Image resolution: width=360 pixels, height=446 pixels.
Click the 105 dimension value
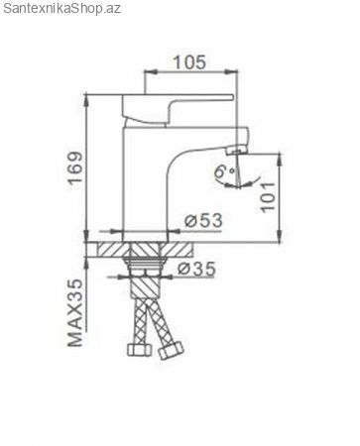tap(189, 62)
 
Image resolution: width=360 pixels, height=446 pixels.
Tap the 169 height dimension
tap(75, 167)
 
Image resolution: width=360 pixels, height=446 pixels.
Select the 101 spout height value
tap(268, 197)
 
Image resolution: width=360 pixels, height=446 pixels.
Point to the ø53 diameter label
tap(203, 220)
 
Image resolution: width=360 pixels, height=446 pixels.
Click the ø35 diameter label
tap(196, 269)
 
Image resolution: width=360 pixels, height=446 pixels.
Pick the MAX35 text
tap(75, 312)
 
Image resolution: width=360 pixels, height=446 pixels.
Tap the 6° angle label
tap(224, 171)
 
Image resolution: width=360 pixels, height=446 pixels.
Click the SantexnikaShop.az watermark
tap(61, 8)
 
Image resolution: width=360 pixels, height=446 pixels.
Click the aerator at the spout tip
tap(236, 152)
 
